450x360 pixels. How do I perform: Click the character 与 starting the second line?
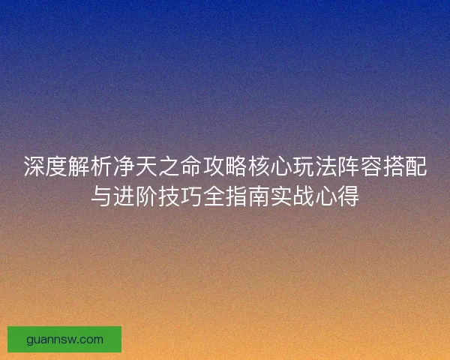[103, 197]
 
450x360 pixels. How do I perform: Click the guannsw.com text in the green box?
[64, 340]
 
